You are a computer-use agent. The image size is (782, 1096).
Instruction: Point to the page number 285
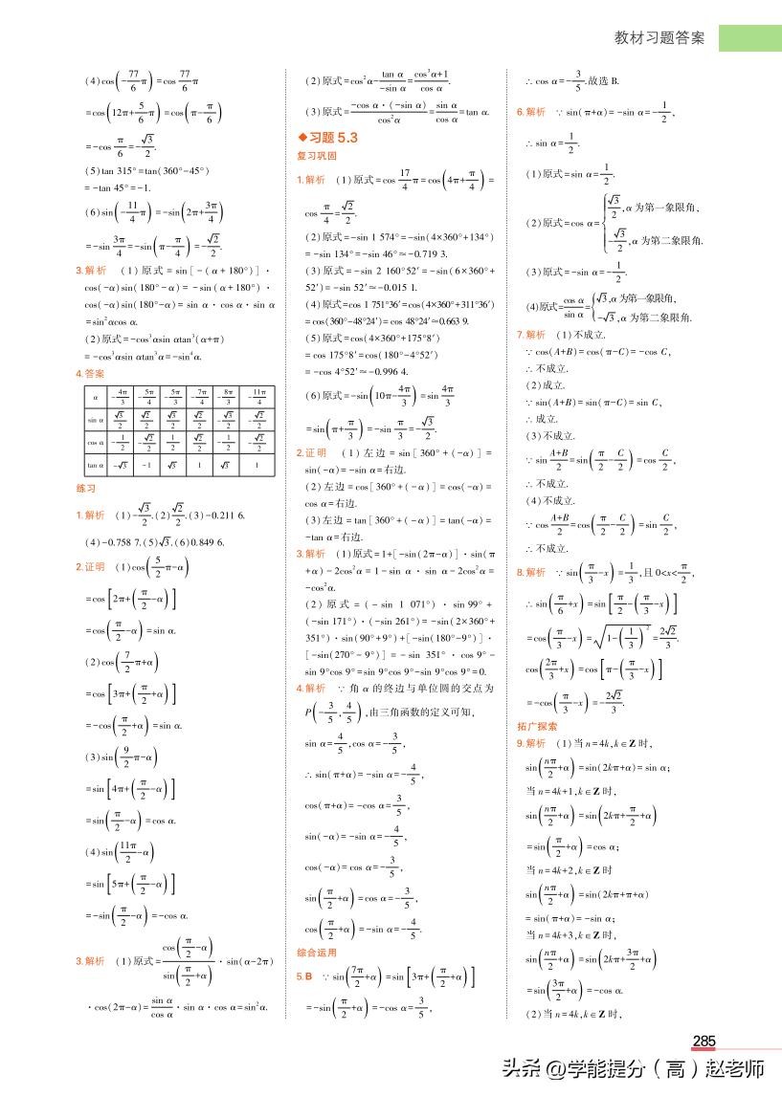[704, 1041]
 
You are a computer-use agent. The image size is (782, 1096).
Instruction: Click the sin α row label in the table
[96, 418]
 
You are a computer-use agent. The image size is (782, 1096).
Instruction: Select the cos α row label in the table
[96, 442]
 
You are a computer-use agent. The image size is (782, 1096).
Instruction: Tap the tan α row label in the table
[96, 465]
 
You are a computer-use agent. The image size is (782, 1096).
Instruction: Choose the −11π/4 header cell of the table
[255, 395]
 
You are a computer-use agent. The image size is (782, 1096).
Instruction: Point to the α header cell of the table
[96, 395]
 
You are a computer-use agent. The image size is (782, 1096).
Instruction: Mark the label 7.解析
[531, 335]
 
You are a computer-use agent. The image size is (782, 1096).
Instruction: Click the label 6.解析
[531, 112]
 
